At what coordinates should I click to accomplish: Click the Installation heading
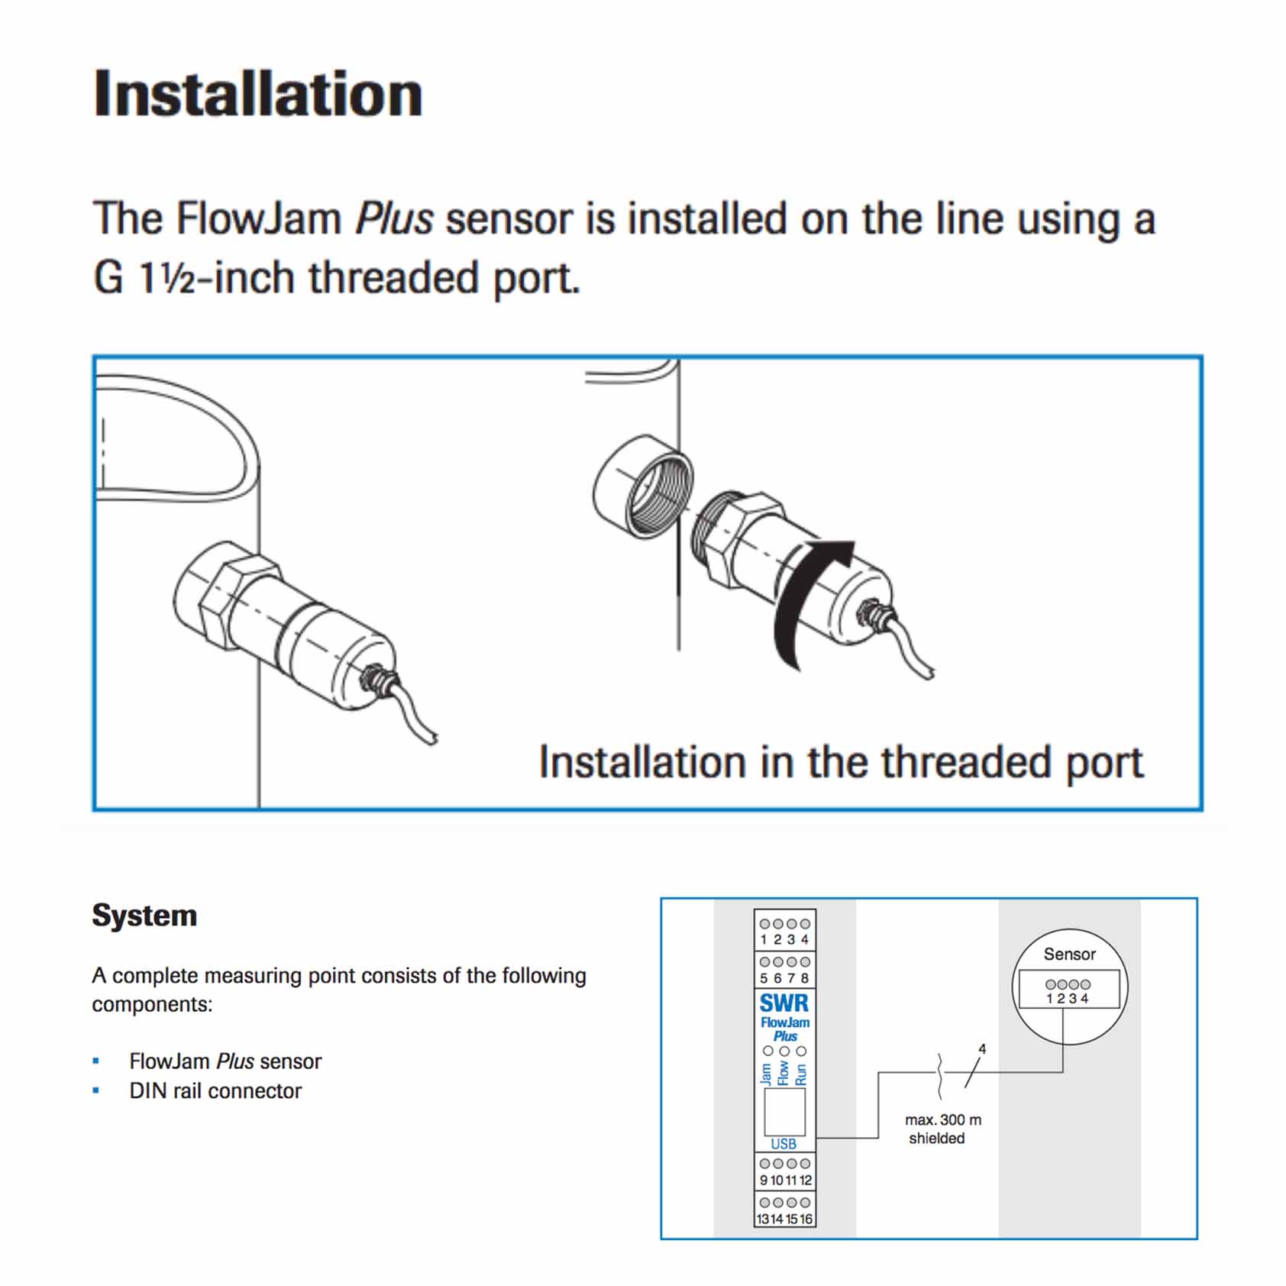pyautogui.click(x=257, y=94)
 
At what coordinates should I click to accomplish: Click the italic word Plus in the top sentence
pyautogui.click(x=394, y=219)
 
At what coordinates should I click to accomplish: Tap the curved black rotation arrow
pyautogui.click(x=802, y=603)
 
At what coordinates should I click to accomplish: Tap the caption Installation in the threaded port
pyautogui.click(x=841, y=762)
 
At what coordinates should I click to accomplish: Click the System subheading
pyautogui.click(x=144, y=915)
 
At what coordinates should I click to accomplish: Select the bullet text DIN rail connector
pyautogui.click(x=215, y=1091)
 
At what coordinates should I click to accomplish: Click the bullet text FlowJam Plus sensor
pyautogui.click(x=225, y=1061)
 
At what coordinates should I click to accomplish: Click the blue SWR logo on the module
pyautogui.click(x=784, y=1003)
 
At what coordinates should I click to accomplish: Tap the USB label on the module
pyautogui.click(x=784, y=1143)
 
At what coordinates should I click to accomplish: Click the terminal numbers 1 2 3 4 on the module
pyautogui.click(x=784, y=940)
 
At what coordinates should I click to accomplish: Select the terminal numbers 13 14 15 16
pyautogui.click(x=784, y=1219)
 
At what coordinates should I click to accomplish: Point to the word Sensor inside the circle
pyautogui.click(x=1069, y=954)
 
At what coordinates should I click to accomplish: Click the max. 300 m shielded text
pyautogui.click(x=942, y=1129)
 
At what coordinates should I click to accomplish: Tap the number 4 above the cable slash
pyautogui.click(x=982, y=1049)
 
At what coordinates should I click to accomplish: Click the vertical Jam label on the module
pyautogui.click(x=767, y=1074)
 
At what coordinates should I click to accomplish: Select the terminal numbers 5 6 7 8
pyautogui.click(x=784, y=978)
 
